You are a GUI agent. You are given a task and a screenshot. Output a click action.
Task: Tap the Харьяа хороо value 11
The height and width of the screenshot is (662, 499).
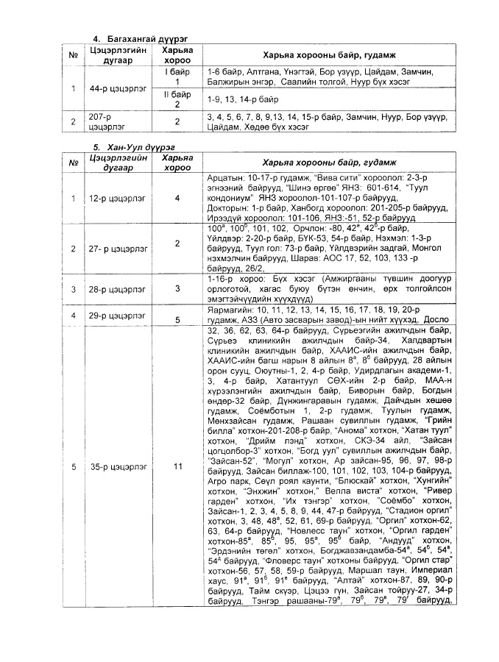[x=177, y=466]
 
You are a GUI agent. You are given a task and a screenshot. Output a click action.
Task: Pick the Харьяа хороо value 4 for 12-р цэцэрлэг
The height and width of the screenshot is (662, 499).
[x=177, y=198]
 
